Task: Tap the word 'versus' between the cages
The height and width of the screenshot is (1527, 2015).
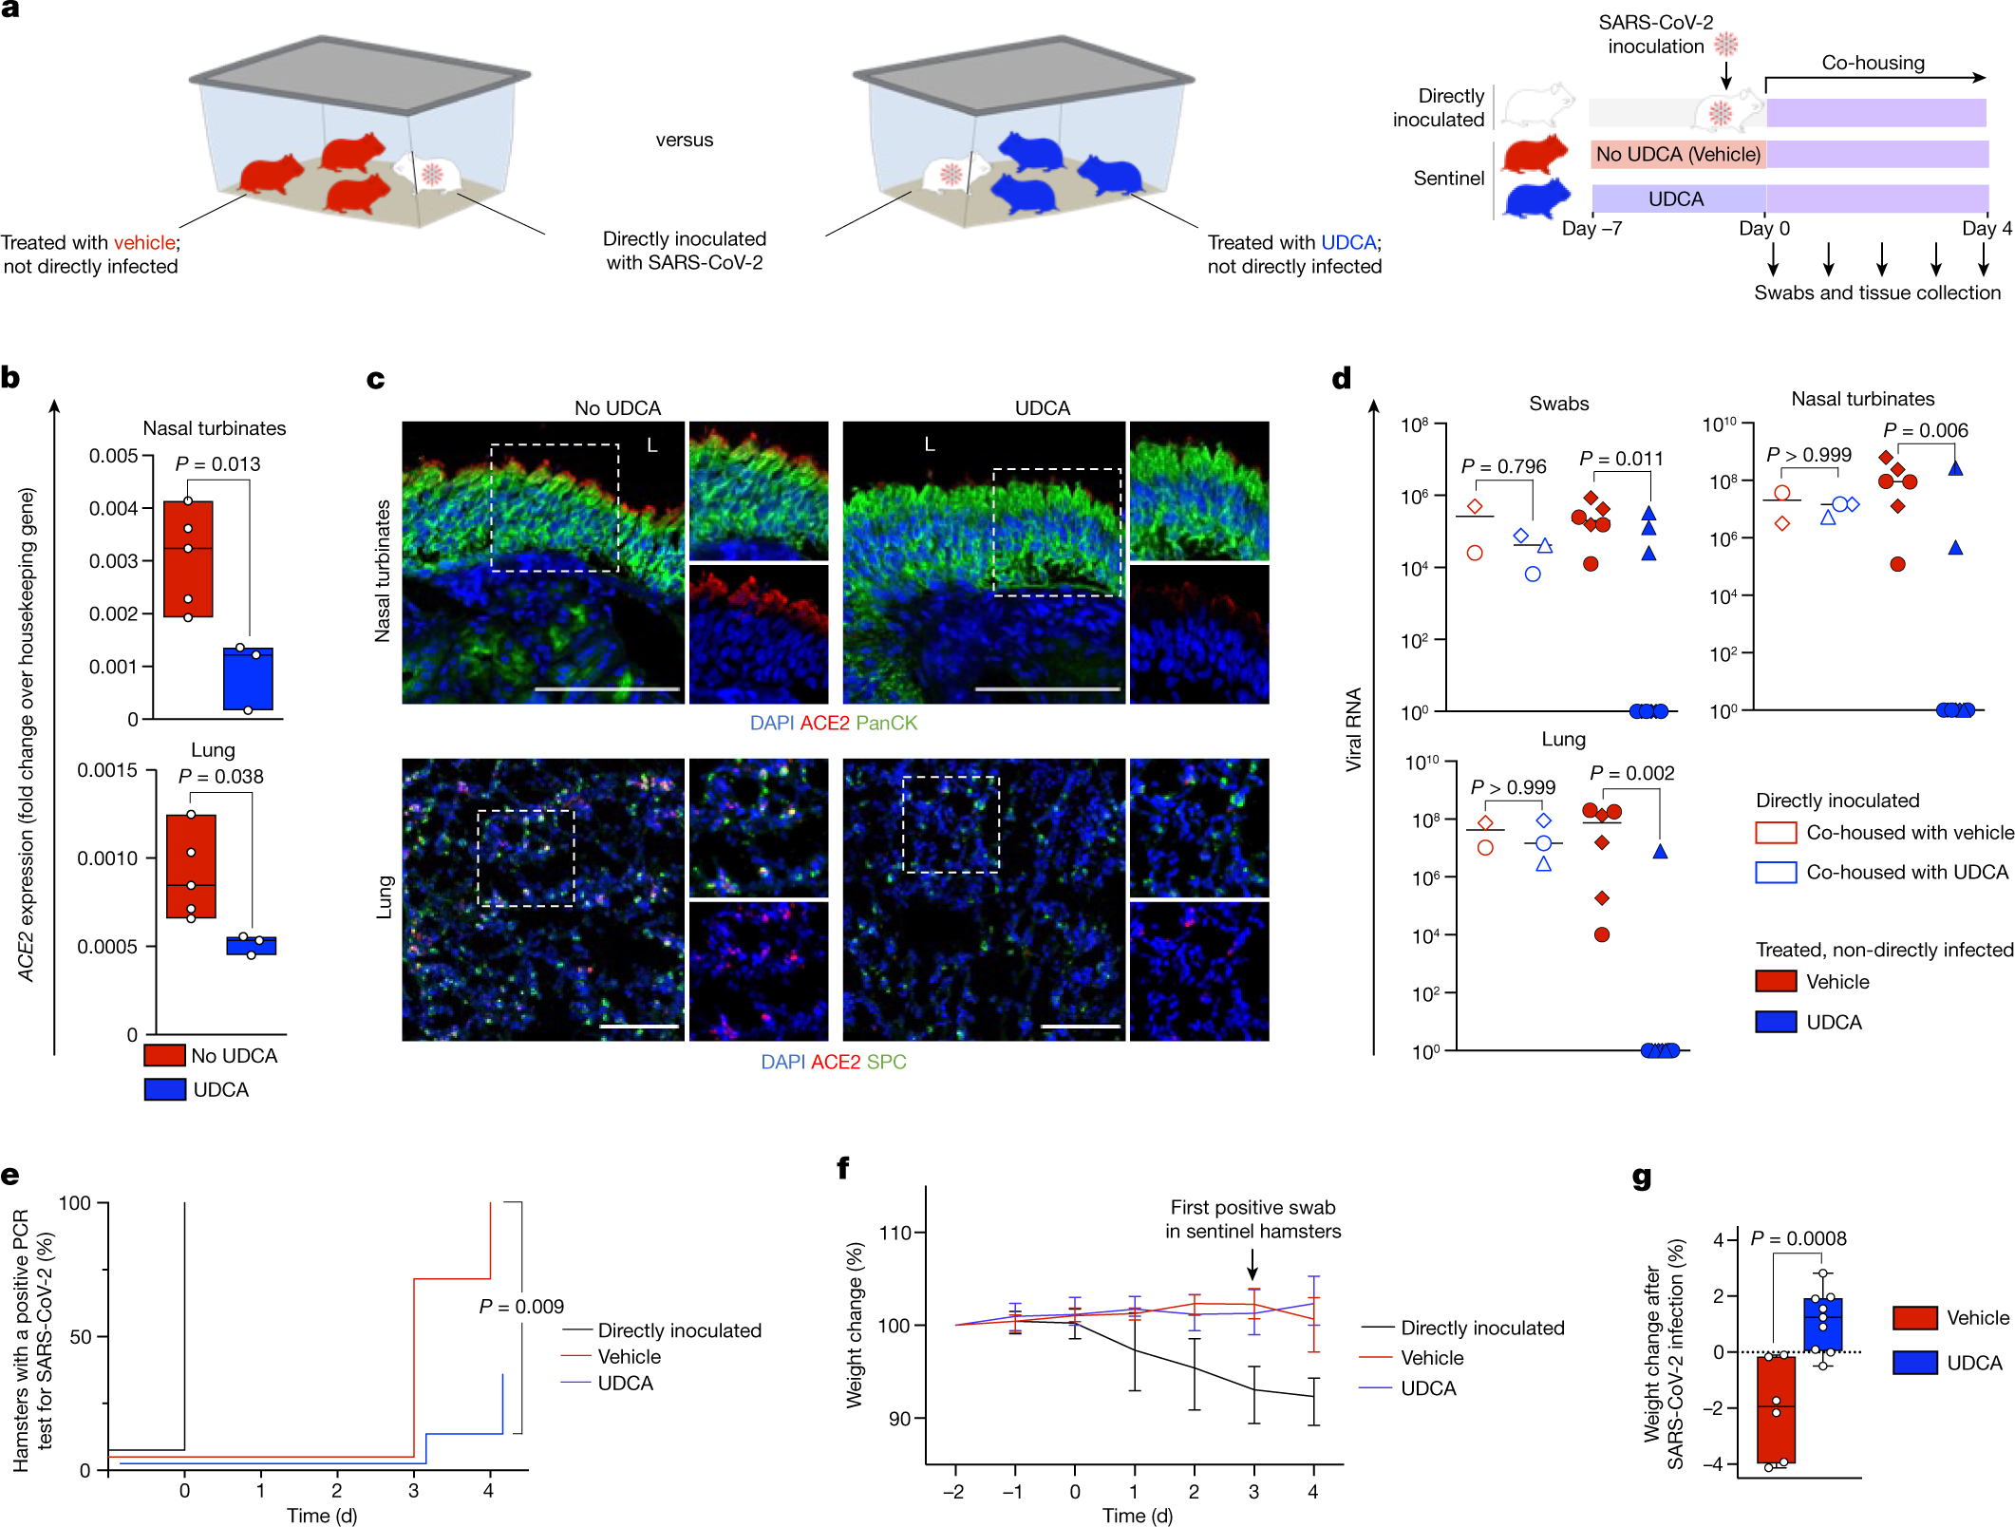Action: click(684, 140)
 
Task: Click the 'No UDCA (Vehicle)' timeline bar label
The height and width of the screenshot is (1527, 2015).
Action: click(1678, 155)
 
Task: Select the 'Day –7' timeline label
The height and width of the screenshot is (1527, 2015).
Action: click(1591, 229)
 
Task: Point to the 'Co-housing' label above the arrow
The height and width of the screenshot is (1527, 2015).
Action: click(1873, 63)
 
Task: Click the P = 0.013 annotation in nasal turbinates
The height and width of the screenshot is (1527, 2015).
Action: click(217, 464)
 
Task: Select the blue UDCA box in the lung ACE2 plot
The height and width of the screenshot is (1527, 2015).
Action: click(252, 946)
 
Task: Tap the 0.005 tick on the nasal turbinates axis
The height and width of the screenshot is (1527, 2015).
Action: click(114, 456)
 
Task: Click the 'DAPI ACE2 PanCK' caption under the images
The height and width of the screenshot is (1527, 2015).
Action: click(833, 723)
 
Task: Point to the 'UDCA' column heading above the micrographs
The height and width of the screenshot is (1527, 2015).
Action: click(1042, 408)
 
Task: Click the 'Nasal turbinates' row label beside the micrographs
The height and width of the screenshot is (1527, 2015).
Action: click(383, 571)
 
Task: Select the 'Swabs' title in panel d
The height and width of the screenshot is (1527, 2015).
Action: click(1558, 404)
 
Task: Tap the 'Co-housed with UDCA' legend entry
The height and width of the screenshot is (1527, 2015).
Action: click(1906, 872)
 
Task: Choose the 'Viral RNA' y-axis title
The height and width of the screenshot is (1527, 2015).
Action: click(1353, 728)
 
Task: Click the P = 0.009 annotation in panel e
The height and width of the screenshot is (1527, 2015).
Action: click(521, 1307)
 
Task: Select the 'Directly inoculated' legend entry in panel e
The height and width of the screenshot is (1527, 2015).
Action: click(679, 1330)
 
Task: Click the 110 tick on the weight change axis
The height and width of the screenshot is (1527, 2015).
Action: click(895, 1233)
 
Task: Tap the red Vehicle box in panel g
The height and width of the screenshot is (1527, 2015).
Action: click(1776, 1409)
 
